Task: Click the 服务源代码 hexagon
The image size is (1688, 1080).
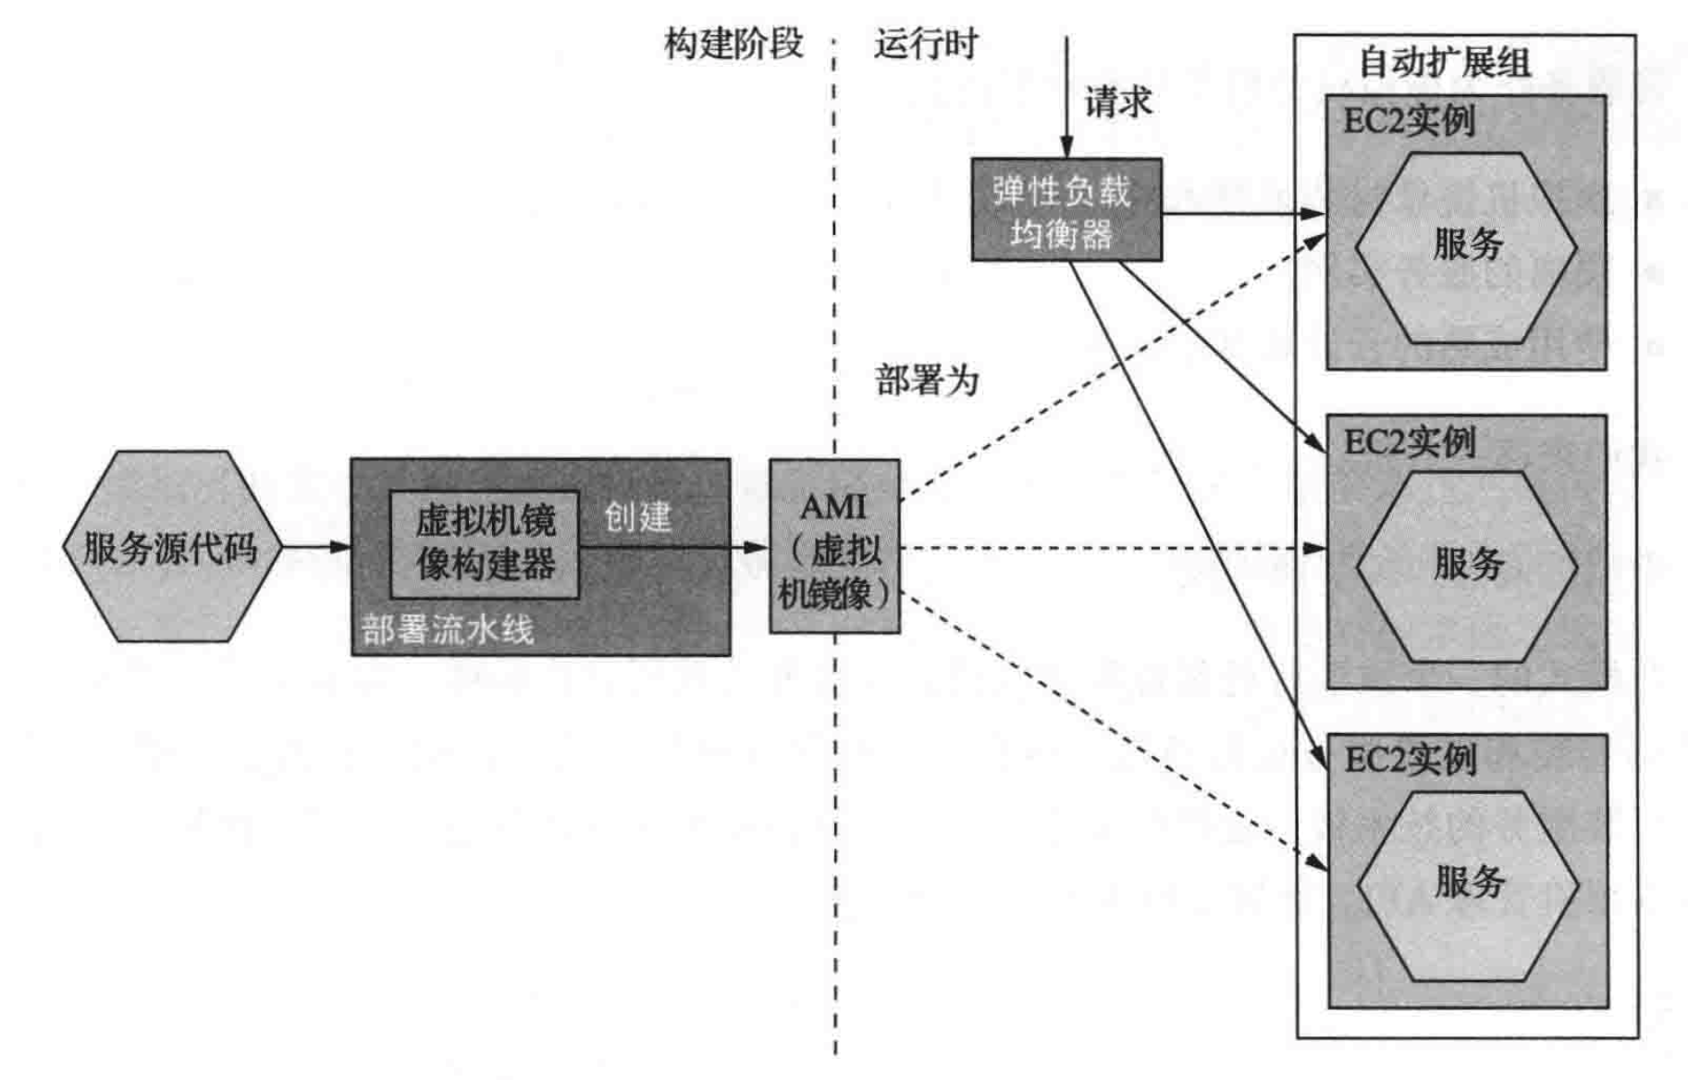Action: click(171, 547)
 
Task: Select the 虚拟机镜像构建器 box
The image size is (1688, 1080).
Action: click(485, 544)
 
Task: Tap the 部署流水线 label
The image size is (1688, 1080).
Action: click(447, 630)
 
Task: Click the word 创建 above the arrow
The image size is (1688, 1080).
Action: click(637, 516)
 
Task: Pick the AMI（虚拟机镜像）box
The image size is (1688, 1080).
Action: click(834, 547)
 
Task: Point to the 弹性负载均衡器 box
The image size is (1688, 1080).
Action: click(1066, 210)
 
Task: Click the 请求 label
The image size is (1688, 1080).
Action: click(1117, 102)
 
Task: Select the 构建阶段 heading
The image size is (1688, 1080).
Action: click(733, 43)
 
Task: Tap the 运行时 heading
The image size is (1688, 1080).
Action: click(925, 43)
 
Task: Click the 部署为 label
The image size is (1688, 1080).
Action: click(927, 380)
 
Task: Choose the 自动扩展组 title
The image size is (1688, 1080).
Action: click(1444, 63)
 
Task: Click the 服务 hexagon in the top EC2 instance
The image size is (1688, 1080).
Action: click(1466, 246)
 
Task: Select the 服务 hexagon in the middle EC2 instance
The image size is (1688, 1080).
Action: click(1467, 565)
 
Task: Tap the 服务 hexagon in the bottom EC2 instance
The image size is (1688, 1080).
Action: click(1468, 883)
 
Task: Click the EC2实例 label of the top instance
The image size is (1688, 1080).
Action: click(1409, 121)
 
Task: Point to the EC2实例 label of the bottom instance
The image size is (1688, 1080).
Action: click(1411, 761)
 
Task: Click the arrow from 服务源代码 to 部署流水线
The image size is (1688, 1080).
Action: click(316, 546)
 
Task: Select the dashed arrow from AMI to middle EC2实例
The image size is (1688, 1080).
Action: click(1110, 549)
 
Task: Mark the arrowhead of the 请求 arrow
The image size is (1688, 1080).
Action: click(1066, 147)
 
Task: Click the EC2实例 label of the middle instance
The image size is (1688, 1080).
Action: click(1410, 442)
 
